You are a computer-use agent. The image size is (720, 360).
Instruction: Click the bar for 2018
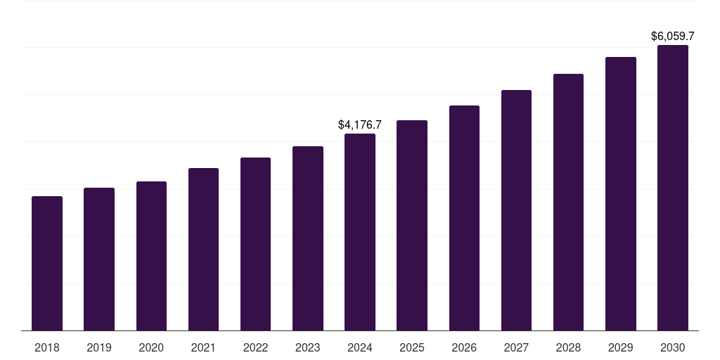coord(47,263)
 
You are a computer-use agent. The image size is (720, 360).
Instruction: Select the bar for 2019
coord(99,259)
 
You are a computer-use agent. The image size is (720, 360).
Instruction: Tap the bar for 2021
coord(203,249)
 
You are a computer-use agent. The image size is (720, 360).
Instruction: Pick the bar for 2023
coord(308,238)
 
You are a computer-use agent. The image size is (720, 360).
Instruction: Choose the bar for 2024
coord(360,232)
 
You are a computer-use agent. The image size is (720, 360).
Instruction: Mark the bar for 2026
coord(464,218)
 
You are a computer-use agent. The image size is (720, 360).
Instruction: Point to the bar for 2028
coord(568,202)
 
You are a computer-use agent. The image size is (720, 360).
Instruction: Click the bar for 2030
coord(673,188)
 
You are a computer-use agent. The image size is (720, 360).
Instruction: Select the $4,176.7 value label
coord(360,124)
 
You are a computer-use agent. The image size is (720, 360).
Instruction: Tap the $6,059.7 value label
coord(673,36)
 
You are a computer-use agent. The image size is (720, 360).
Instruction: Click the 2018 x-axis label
coord(47,347)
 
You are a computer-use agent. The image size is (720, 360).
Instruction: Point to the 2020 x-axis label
coord(151,347)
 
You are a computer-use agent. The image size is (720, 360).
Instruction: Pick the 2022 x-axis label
coord(255,347)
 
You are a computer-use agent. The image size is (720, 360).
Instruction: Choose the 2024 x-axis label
coord(360,347)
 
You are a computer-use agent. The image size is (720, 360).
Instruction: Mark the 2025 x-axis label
coord(412,347)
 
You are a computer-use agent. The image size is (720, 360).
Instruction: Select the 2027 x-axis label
coord(516,347)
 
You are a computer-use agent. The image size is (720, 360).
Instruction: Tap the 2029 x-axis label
coord(621,347)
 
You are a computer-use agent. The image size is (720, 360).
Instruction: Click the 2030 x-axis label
coord(673,347)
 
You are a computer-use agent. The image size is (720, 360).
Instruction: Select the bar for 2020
coord(151,256)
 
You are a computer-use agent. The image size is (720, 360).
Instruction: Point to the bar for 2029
coord(621,193)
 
